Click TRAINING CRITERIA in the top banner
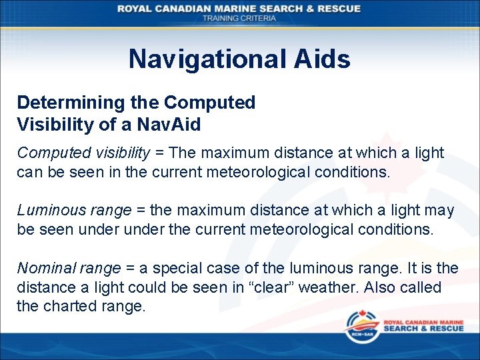tap(239, 19)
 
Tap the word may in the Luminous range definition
tap(440, 211)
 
